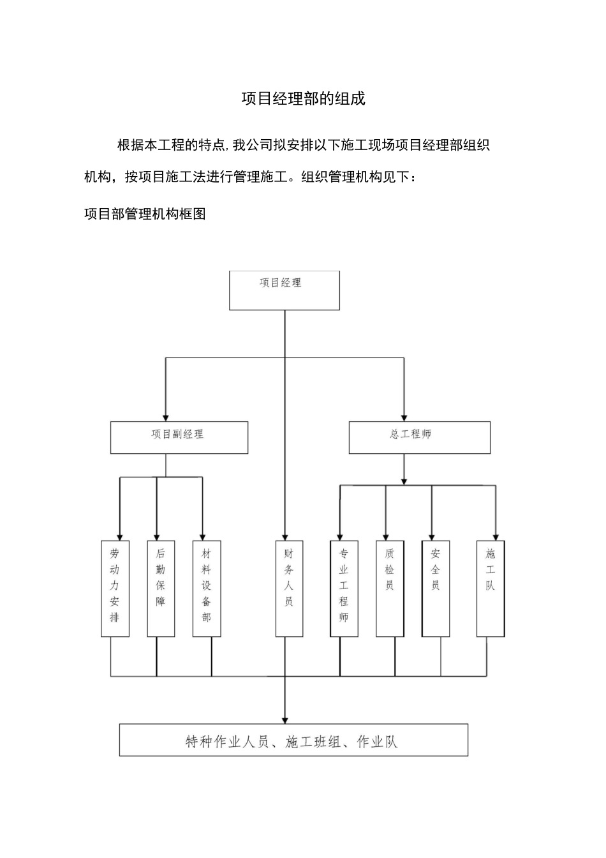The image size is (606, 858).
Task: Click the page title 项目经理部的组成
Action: (x=303, y=99)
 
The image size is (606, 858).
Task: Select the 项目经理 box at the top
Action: (x=285, y=290)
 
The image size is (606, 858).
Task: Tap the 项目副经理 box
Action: (x=179, y=437)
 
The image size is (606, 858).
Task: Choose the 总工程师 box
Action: (x=419, y=437)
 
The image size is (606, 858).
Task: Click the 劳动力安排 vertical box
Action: (x=115, y=589)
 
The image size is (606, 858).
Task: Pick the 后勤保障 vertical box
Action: (x=161, y=589)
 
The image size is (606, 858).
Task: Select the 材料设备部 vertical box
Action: (x=207, y=589)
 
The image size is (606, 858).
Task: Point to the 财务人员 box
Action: (x=289, y=589)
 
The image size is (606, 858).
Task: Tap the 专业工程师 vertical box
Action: (x=344, y=589)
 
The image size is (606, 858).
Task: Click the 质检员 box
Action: (x=390, y=589)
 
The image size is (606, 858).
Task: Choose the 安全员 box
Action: (x=436, y=589)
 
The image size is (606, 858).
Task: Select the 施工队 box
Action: (x=491, y=589)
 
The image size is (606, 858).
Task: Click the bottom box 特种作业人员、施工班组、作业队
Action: (x=293, y=740)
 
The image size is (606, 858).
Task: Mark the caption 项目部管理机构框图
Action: (x=145, y=214)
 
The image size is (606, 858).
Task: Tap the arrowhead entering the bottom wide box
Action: (x=285, y=719)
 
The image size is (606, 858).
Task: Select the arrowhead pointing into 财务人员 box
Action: (x=285, y=536)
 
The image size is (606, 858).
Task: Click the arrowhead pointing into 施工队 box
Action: (x=495, y=536)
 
